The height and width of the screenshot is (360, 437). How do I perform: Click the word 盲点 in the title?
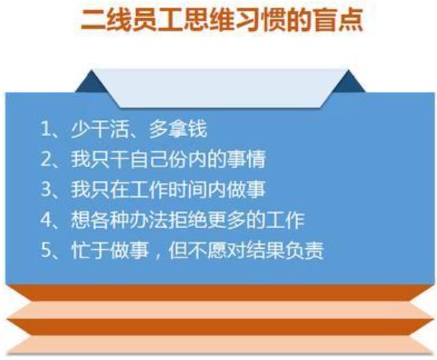coord(337,21)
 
